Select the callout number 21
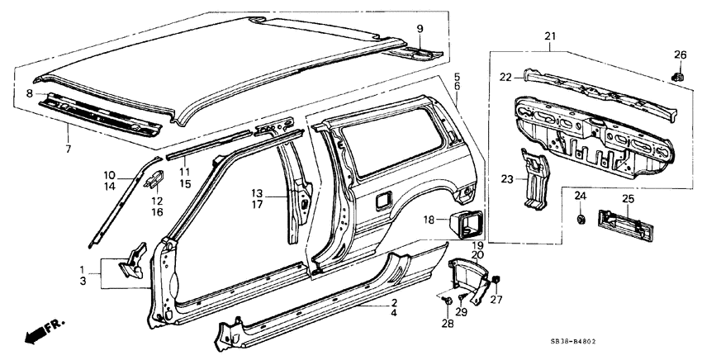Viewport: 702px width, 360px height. click(550, 36)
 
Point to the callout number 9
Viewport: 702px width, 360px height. click(420, 29)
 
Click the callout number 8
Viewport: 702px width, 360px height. click(30, 94)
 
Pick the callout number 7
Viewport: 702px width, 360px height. click(69, 149)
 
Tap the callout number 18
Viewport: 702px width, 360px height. click(429, 220)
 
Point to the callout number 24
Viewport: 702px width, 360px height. click(580, 196)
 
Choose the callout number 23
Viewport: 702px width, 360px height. click(507, 178)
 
